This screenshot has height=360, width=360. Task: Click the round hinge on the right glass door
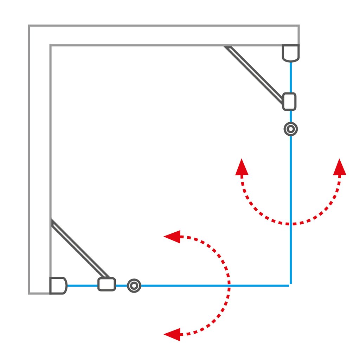pos(290,129)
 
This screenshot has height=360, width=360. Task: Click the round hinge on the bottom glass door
pos(134,285)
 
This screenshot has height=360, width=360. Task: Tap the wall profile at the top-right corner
pos(291,53)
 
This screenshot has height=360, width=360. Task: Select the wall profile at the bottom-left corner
pos(58,285)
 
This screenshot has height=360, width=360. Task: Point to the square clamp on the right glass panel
pos(289,101)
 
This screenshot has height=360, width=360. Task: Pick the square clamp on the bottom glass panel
pos(107,284)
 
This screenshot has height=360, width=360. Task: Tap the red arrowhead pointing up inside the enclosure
pos(242,167)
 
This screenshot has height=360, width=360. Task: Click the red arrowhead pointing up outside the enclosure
pos(339,167)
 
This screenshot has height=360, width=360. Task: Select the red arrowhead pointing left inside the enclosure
pos(172,237)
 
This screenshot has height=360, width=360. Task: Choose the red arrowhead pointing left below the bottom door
pos(172,334)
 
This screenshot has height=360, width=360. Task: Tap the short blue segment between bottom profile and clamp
pos(82,285)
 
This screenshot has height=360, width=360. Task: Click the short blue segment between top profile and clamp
pos(291,77)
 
